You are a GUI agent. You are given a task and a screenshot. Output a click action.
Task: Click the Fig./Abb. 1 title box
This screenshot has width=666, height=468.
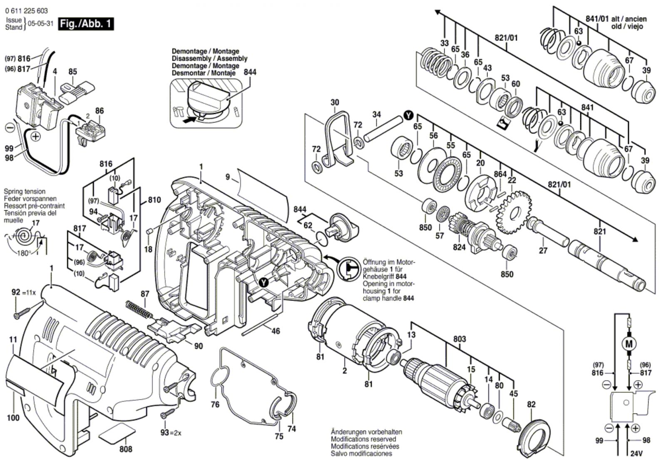coord(86,24)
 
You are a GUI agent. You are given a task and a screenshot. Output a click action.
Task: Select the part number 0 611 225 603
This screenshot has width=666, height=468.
coord(27,11)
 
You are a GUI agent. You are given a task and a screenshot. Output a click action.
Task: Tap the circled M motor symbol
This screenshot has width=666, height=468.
coord(629,344)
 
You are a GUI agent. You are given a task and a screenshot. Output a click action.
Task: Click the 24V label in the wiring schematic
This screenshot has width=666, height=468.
coord(636,453)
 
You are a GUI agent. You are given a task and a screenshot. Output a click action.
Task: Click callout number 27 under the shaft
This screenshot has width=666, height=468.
coord(543,251)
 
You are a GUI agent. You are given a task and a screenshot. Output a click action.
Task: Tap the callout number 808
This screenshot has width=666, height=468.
coord(126,449)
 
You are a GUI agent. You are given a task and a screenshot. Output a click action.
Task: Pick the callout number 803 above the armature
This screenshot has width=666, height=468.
coord(460,339)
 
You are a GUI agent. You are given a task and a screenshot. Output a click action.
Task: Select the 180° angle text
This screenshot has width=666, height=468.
coord(24,253)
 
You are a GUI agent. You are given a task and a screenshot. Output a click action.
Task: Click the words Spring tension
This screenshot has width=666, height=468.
coord(25,192)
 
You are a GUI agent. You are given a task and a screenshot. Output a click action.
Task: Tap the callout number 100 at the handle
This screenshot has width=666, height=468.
coord(13,418)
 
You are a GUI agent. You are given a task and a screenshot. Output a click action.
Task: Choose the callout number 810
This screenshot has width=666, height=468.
coord(154,200)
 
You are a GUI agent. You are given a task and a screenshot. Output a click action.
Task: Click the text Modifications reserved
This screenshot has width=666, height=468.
coord(363,439)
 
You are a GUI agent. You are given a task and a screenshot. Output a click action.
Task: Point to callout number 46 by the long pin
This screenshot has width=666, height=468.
coord(276,331)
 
